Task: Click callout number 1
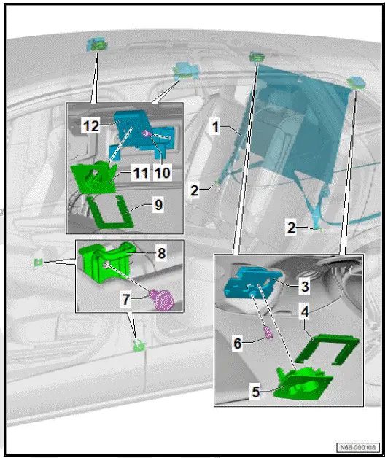(215, 127)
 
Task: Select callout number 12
(90, 126)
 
